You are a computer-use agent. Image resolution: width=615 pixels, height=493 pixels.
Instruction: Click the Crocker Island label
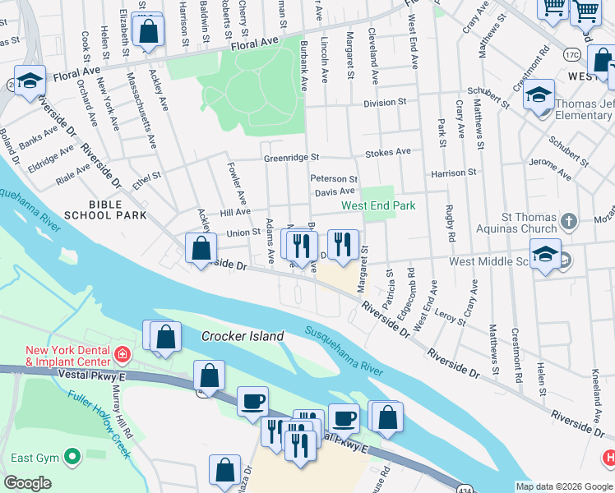243,336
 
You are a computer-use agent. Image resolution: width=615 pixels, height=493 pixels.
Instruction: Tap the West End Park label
378,206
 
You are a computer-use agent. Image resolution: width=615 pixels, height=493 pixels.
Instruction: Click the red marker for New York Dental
122,355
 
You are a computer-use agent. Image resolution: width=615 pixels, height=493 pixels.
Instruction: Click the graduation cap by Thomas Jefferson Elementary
539,95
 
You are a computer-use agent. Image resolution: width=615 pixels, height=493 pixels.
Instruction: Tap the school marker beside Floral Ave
30,81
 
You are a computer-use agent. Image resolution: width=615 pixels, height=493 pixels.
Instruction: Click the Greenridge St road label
290,158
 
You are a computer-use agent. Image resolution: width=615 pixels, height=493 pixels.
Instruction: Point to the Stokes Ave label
387,152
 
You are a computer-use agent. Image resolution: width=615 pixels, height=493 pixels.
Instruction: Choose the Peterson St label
333,178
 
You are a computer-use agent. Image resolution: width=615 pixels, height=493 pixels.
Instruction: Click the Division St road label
386,103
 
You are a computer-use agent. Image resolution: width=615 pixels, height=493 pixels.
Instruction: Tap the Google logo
27,483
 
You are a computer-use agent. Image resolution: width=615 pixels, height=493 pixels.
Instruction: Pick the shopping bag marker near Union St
201,247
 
